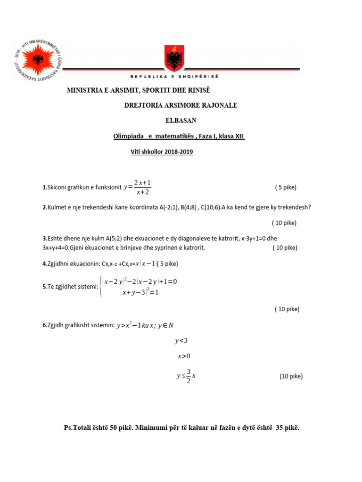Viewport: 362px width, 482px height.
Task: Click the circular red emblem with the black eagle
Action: click(38, 60)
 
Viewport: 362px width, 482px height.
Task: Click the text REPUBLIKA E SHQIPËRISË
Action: click(174, 76)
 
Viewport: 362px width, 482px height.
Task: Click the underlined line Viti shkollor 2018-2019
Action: click(162, 152)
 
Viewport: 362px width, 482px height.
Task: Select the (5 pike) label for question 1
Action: click(286, 187)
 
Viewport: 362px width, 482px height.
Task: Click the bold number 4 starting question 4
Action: click(44, 264)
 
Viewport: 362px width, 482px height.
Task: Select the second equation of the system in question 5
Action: click(140, 292)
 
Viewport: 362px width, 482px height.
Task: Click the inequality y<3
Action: click(181, 340)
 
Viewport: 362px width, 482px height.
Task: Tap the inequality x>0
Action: click(184, 356)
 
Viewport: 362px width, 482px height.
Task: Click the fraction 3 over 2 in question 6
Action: click(188, 376)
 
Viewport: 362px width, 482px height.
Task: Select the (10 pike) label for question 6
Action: click(291, 376)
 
